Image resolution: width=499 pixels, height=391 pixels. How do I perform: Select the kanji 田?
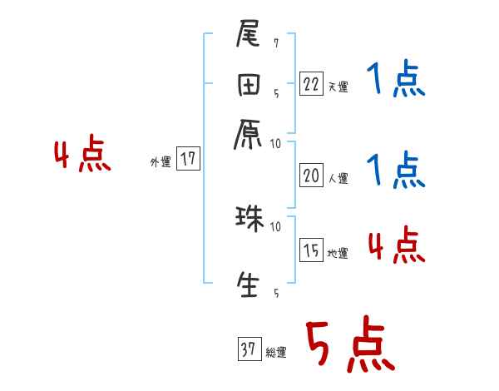[x=249, y=86]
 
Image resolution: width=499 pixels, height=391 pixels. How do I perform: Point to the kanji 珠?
[x=249, y=220]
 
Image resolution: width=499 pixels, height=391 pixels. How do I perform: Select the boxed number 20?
[x=311, y=175]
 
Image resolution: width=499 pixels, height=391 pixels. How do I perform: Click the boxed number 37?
[x=249, y=349]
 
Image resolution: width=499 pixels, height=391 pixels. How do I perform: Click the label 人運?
[x=337, y=177]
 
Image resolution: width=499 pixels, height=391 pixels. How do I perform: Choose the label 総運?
[x=275, y=352]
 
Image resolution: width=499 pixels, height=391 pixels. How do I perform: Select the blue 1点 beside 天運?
[x=395, y=82]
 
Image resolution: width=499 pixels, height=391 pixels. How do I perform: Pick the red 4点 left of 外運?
[x=82, y=156]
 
